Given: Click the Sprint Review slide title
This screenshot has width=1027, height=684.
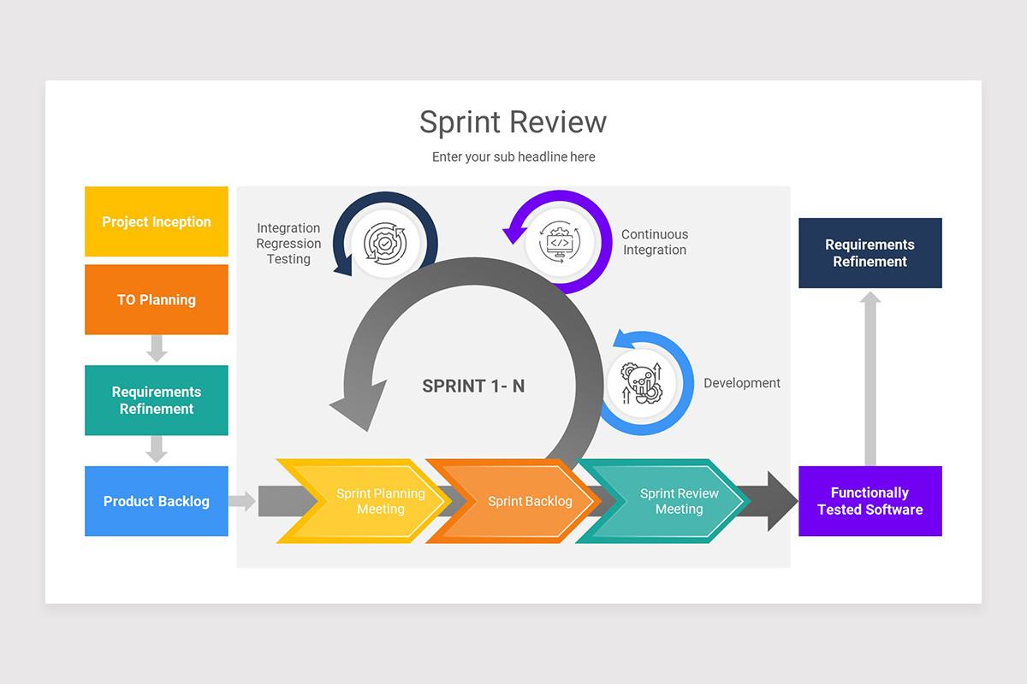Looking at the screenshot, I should point(513,122).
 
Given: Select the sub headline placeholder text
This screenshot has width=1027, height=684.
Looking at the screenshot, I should point(513,156).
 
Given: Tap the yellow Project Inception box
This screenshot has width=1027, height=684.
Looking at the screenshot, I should point(157,221).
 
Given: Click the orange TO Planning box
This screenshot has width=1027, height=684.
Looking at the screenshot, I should point(157,299).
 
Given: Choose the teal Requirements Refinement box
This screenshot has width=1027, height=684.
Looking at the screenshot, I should point(157,400).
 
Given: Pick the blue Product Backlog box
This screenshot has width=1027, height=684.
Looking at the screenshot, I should point(157,501).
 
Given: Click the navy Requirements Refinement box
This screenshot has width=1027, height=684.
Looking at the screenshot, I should point(870,253).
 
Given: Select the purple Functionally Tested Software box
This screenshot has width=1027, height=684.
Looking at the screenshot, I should point(870,501).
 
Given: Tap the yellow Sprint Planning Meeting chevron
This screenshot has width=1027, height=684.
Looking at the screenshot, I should point(368,501).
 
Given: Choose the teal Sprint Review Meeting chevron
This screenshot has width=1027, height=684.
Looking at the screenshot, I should point(672,501).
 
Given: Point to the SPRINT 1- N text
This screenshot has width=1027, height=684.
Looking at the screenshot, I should point(473,386).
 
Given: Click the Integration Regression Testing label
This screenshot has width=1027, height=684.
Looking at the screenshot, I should point(288,244).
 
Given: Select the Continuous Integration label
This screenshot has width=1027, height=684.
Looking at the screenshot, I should point(654,242).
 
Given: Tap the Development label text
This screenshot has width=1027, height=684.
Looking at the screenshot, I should point(742,383).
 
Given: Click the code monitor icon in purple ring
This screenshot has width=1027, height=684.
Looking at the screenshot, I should point(560,243).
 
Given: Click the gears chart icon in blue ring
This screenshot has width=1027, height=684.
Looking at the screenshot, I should point(641,383).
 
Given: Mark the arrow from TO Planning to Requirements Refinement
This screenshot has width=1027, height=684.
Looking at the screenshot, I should point(157,348).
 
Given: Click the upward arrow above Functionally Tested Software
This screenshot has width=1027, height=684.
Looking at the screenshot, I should point(870,376).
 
